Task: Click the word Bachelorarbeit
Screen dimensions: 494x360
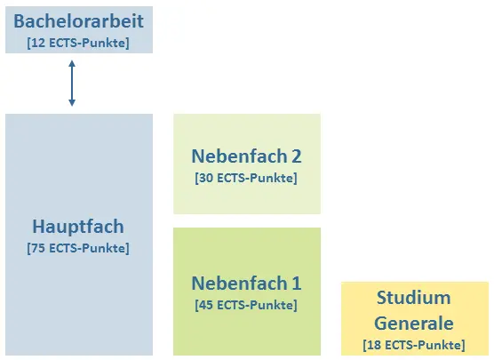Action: point(78,21)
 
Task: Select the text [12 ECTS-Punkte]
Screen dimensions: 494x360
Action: point(78,43)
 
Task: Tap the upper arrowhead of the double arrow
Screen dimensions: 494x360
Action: point(72,64)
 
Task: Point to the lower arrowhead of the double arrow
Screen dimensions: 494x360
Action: point(72,102)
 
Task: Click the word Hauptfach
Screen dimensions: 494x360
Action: point(78,227)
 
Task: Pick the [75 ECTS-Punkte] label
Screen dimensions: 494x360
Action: point(78,248)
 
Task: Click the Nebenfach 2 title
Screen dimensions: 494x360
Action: point(246,156)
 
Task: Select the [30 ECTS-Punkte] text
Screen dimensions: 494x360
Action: point(246,178)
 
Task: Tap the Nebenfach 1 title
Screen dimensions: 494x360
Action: point(246,283)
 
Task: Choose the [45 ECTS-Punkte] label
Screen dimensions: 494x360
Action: point(246,305)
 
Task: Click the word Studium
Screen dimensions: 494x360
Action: point(414,298)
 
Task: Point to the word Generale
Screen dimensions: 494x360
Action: point(414,324)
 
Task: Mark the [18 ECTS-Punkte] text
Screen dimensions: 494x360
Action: point(414,345)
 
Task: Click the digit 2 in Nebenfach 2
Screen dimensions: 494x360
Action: point(296,156)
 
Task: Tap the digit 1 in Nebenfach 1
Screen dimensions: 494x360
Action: point(296,284)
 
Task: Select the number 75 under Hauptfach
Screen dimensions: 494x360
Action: point(38,248)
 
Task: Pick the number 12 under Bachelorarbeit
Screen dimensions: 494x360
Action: point(38,43)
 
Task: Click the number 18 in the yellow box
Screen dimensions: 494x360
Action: point(374,345)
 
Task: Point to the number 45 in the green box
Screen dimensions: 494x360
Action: point(206,305)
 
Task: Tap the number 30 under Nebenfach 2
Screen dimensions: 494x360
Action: point(206,178)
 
